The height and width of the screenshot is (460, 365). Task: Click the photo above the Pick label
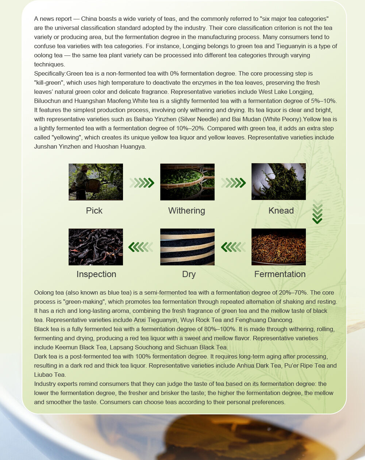(x=96, y=182)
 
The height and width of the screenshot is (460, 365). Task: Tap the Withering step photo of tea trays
(x=187, y=182)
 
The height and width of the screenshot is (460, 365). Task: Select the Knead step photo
(x=278, y=181)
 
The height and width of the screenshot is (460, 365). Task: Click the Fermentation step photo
(x=278, y=247)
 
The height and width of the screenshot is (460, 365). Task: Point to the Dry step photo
(x=187, y=247)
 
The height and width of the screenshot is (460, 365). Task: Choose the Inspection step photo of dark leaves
(x=96, y=247)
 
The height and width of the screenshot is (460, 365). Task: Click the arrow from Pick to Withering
(x=142, y=183)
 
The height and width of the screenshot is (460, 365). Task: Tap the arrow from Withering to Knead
(x=233, y=183)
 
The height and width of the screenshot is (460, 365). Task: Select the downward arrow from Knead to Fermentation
(x=318, y=212)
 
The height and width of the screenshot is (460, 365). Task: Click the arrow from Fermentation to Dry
(x=233, y=247)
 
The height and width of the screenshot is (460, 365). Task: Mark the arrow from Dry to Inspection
(x=141, y=247)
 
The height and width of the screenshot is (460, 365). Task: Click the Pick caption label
(x=94, y=211)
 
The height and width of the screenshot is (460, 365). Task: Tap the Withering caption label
(x=187, y=211)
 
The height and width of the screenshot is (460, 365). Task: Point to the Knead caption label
(x=281, y=211)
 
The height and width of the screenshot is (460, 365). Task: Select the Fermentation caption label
(x=280, y=274)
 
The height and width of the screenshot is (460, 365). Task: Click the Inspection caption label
(x=96, y=274)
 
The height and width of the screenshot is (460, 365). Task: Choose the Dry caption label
(x=189, y=274)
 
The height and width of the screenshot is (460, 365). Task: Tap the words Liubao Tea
(x=50, y=375)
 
